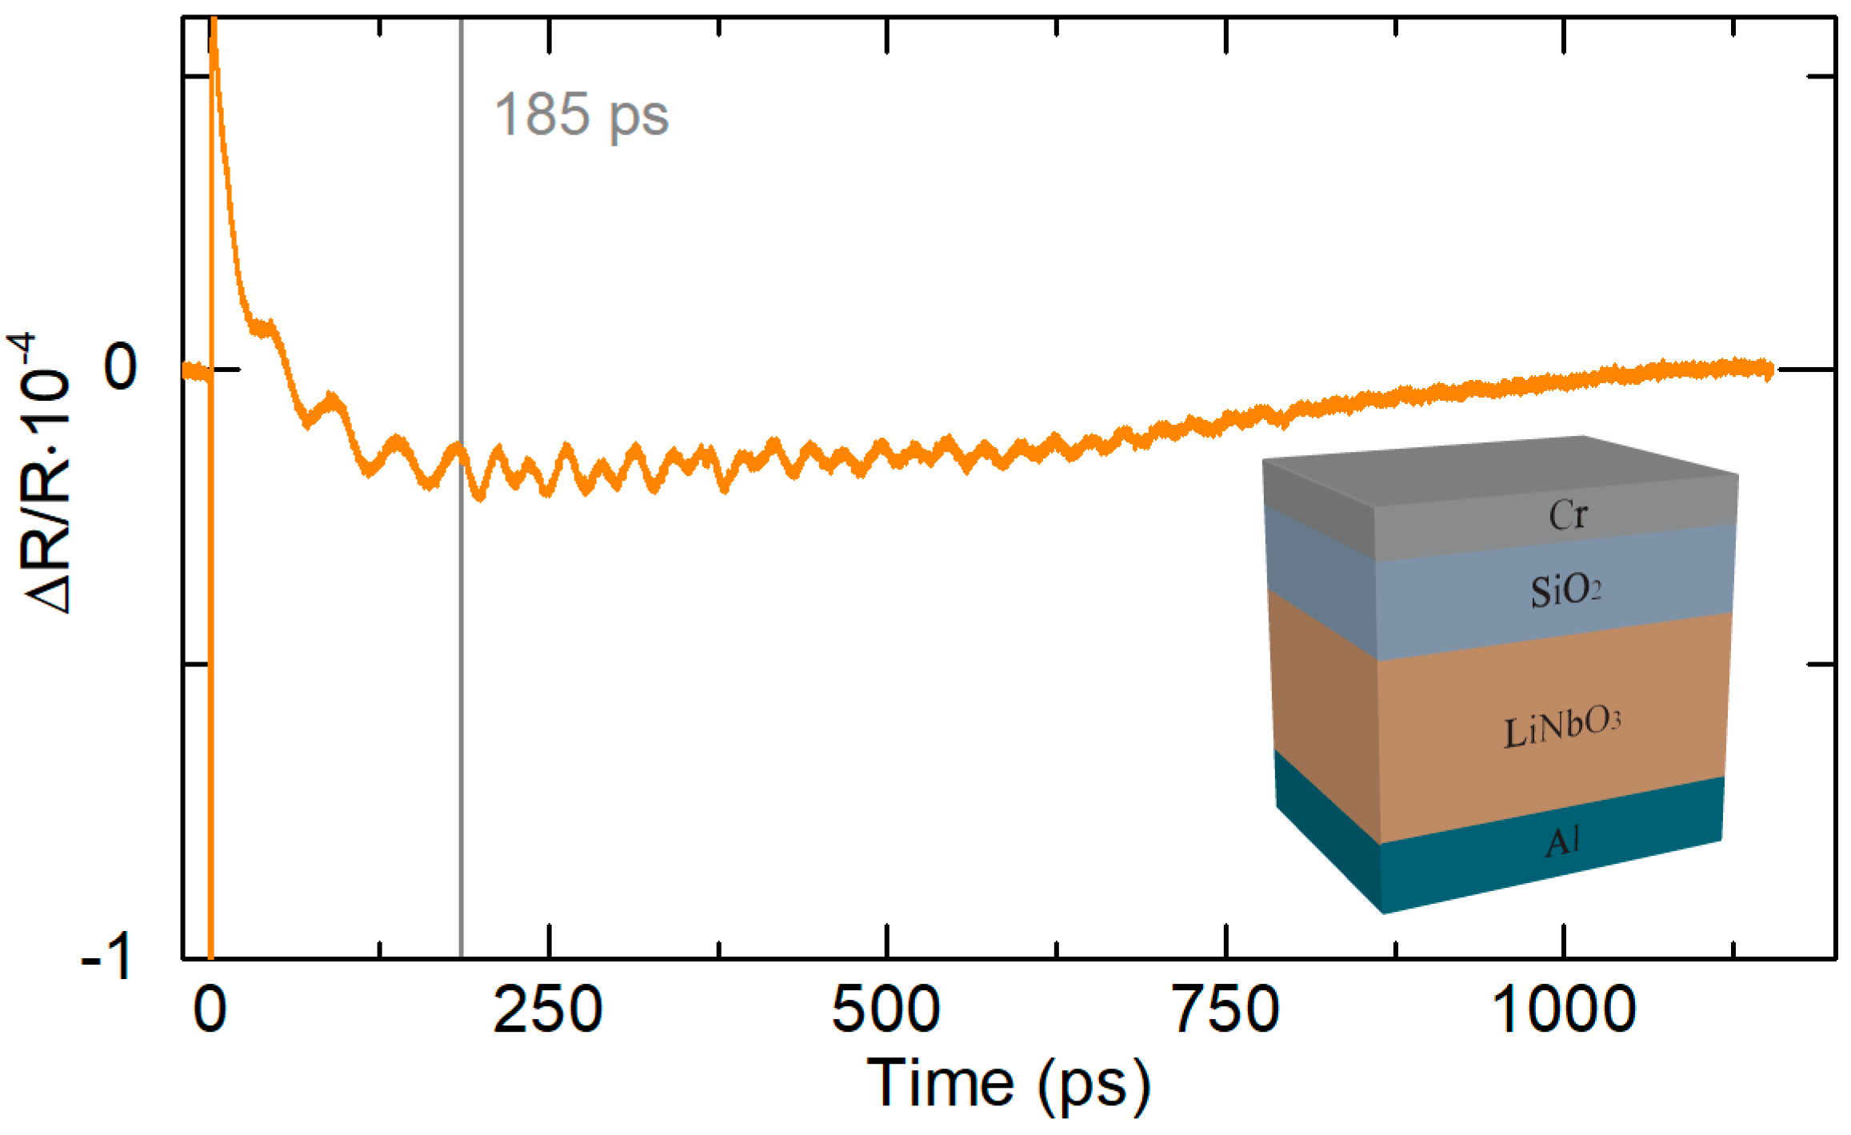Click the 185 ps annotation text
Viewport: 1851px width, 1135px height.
point(582,115)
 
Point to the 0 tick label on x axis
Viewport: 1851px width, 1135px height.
point(210,1009)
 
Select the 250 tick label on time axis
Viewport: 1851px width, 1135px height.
point(548,1009)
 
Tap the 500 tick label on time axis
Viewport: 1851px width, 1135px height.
point(886,1009)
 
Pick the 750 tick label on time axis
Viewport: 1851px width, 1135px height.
point(1225,1009)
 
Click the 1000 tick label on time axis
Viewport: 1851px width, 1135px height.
point(1563,1009)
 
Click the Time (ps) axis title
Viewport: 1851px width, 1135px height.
point(1009,1084)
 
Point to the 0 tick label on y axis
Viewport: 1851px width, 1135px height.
point(121,369)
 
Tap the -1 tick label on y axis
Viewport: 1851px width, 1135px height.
point(107,957)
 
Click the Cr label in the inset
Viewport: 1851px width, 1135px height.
point(1568,515)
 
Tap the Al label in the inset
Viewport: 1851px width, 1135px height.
point(1561,841)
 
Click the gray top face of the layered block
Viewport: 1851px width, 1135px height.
point(1496,472)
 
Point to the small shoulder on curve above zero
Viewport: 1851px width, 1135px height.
point(262,326)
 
